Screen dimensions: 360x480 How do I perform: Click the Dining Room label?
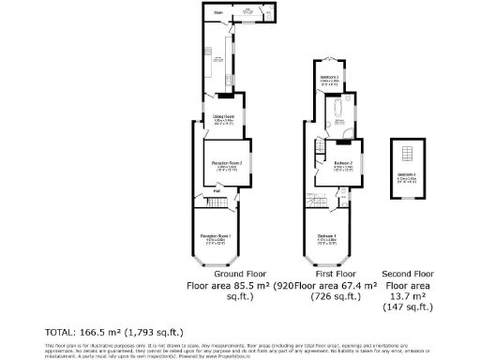coord(222,117)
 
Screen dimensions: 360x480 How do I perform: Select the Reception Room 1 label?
coord(217,236)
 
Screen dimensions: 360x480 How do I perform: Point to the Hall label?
coord(217,192)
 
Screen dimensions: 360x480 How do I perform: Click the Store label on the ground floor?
coord(218,13)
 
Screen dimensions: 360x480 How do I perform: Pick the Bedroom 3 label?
coord(329,77)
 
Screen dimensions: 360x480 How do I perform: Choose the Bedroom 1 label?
coord(327,234)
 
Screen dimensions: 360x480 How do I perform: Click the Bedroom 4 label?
coord(407,175)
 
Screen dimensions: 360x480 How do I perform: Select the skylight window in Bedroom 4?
coord(407,154)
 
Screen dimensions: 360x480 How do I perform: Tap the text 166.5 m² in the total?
coord(115,332)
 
